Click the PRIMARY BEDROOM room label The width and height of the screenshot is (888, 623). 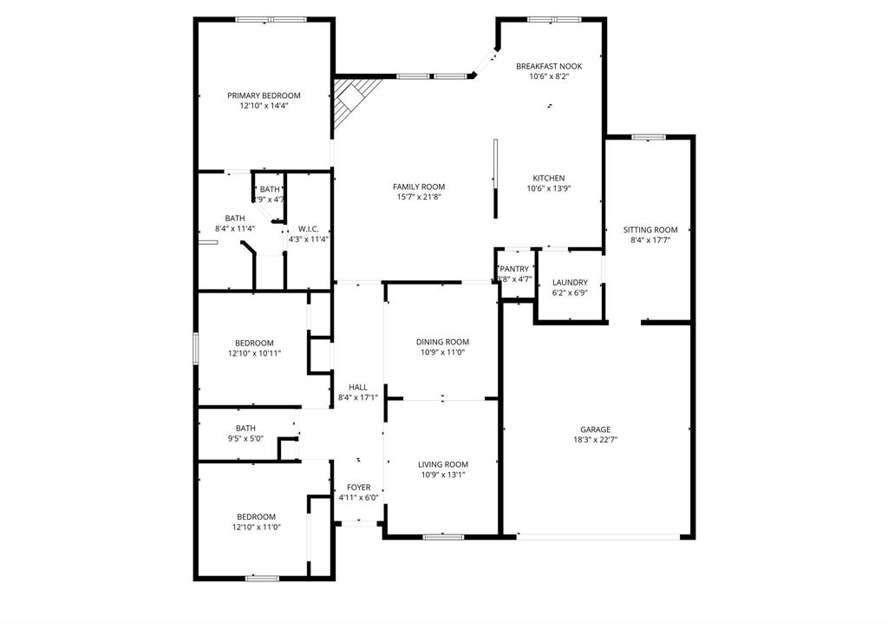coord(264,95)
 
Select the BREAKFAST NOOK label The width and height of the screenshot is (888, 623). coord(548,66)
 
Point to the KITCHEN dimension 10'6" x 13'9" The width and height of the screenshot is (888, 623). coord(548,188)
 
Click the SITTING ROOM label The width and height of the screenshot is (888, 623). coord(650,230)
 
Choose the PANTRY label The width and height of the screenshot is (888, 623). coord(513,269)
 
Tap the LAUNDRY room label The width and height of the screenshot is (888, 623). coord(570,283)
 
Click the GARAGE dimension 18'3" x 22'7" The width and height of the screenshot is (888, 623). coord(595,440)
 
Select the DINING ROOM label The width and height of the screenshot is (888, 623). coord(442,343)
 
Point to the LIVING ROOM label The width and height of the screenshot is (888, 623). coord(442,464)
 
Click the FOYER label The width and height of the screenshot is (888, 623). coord(358,488)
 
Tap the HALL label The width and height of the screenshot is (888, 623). coord(357,387)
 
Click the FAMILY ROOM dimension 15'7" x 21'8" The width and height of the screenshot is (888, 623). coord(418,197)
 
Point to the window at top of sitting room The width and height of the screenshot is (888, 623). coord(648,136)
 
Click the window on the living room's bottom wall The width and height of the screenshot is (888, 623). coord(442,536)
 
